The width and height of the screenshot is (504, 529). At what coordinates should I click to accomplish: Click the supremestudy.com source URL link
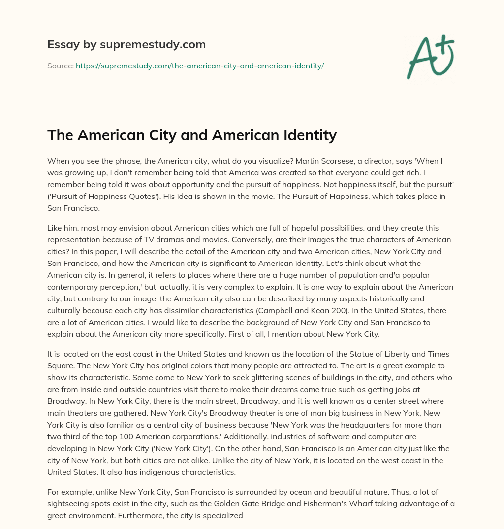tap(199, 66)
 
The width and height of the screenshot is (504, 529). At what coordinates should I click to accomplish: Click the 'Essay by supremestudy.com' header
tap(126, 45)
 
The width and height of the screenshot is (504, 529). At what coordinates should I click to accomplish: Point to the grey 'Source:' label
tap(60, 66)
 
